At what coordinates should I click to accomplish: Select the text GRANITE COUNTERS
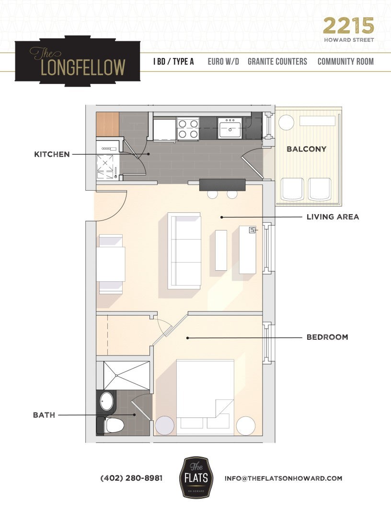coord(277,62)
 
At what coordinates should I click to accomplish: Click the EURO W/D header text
coord(223,62)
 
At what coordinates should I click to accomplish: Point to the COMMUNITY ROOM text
coord(345,62)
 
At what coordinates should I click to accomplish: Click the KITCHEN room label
coord(52,154)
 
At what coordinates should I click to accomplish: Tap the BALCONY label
coord(306,149)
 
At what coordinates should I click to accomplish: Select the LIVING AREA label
coord(333,217)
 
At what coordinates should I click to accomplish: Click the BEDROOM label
coord(327,337)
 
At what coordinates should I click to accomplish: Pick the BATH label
coord(44,415)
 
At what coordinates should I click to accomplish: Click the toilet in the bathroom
coord(112,425)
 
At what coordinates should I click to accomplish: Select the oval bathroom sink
coord(107,401)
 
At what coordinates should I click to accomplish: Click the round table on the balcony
coord(286,123)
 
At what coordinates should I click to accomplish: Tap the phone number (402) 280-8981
coord(131,478)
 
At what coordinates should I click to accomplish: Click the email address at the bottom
coord(283,478)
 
